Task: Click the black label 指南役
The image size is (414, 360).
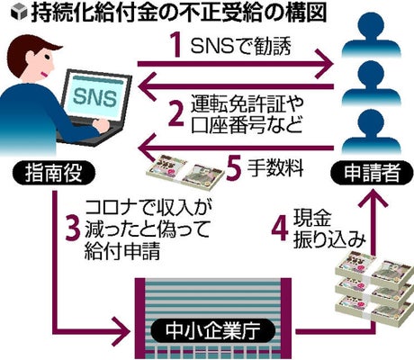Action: pos(54,174)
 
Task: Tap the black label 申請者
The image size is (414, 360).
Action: pos(372,174)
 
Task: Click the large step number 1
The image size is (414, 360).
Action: pos(177,46)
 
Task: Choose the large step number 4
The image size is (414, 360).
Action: pos(280,229)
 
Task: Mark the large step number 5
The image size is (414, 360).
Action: pos(234,168)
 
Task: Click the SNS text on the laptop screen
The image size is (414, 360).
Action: pos(94,97)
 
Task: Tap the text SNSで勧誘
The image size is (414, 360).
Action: pos(240,47)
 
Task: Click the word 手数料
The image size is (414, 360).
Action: pos(275,168)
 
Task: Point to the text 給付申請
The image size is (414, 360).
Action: pos(121,251)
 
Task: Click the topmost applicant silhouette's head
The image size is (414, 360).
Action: pos(372,26)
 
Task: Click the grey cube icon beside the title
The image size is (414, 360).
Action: pos(18,13)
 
